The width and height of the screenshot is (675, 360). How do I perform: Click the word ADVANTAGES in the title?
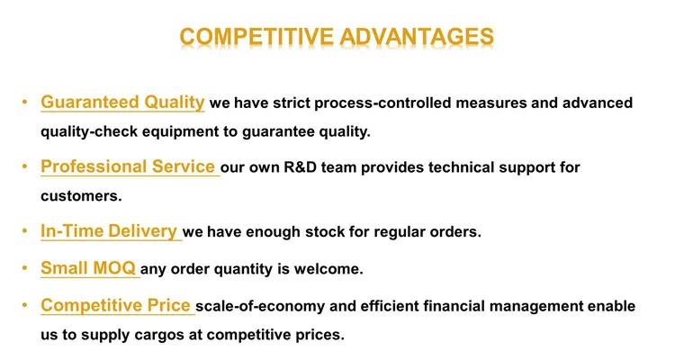coord(417,37)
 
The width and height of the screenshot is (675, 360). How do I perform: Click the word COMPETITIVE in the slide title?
coord(256,37)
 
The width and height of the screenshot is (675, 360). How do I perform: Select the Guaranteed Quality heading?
coord(122,103)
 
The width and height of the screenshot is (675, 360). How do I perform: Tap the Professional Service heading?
coord(128,166)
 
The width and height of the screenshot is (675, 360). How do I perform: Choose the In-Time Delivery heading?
coord(109,231)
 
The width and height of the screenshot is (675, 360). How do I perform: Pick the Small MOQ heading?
coord(88,268)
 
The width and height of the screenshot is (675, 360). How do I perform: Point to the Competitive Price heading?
coord(116,305)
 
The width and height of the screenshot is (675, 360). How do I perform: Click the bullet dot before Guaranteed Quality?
coord(24,103)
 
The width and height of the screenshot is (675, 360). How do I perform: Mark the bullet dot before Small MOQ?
coord(24,268)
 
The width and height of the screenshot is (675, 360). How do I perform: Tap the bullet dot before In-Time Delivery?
coord(24,231)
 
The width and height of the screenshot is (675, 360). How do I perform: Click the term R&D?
coord(300,167)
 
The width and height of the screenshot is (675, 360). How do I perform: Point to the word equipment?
coord(180,131)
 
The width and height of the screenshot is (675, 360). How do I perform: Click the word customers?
coord(81,196)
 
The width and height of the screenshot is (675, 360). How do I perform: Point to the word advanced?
coord(598,103)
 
